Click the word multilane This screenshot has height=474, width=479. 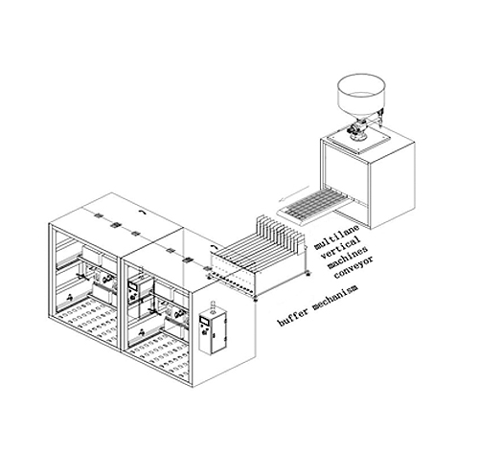337,237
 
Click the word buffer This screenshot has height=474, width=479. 293,316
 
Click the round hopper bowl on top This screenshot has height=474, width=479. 361,95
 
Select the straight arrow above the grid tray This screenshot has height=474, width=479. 294,193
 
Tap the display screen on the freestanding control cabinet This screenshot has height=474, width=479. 204,320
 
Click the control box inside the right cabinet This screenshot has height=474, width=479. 133,291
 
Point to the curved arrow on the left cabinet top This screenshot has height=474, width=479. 143,212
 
